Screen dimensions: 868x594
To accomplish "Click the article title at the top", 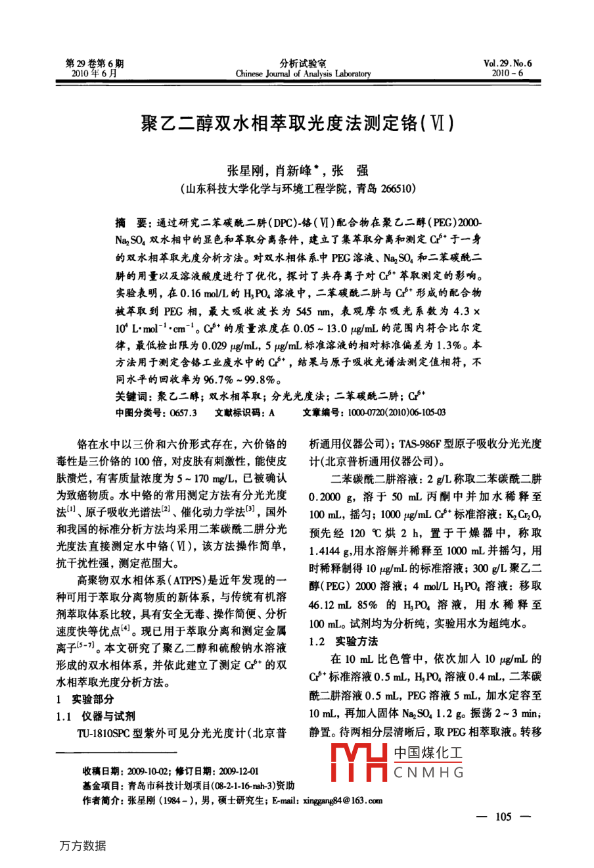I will (297, 123).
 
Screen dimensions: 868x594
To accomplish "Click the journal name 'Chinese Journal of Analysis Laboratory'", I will (303, 74).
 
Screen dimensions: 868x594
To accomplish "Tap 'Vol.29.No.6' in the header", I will (507, 64).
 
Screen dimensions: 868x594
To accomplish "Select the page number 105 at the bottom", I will (503, 817).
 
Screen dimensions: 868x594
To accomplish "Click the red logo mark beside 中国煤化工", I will (358, 762).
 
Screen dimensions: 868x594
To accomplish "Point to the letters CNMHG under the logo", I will (429, 773).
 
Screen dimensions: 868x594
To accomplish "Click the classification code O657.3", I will (183, 412).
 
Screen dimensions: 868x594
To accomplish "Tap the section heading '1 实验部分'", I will (85, 699).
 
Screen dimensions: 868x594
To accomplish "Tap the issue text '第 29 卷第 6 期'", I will (95, 64).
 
